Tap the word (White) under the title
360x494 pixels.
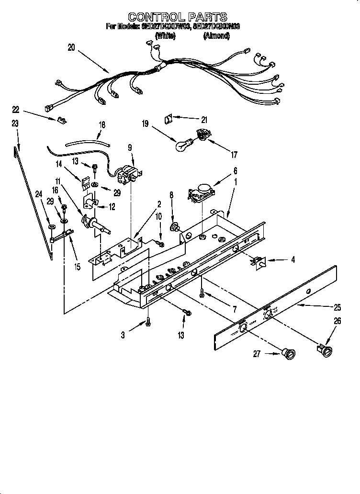[165, 35]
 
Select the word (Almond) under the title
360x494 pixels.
[216, 35]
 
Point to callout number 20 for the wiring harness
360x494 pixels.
[71, 48]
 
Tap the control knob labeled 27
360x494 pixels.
[290, 354]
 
